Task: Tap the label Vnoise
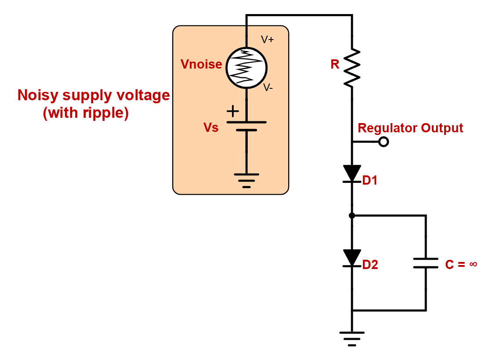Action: [x=201, y=65]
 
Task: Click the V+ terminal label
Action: [x=267, y=40]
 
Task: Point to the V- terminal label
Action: [x=268, y=87]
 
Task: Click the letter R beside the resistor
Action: [x=335, y=65]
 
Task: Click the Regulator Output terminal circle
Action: [x=384, y=142]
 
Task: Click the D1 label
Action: [x=370, y=180]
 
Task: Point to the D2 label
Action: [x=370, y=265]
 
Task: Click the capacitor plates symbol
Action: [x=426, y=263]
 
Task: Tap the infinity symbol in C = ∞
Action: [x=473, y=264]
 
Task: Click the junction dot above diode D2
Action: [x=352, y=215]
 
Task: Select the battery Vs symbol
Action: [x=246, y=126]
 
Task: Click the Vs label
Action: [x=211, y=128]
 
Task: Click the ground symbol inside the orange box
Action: [x=246, y=180]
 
